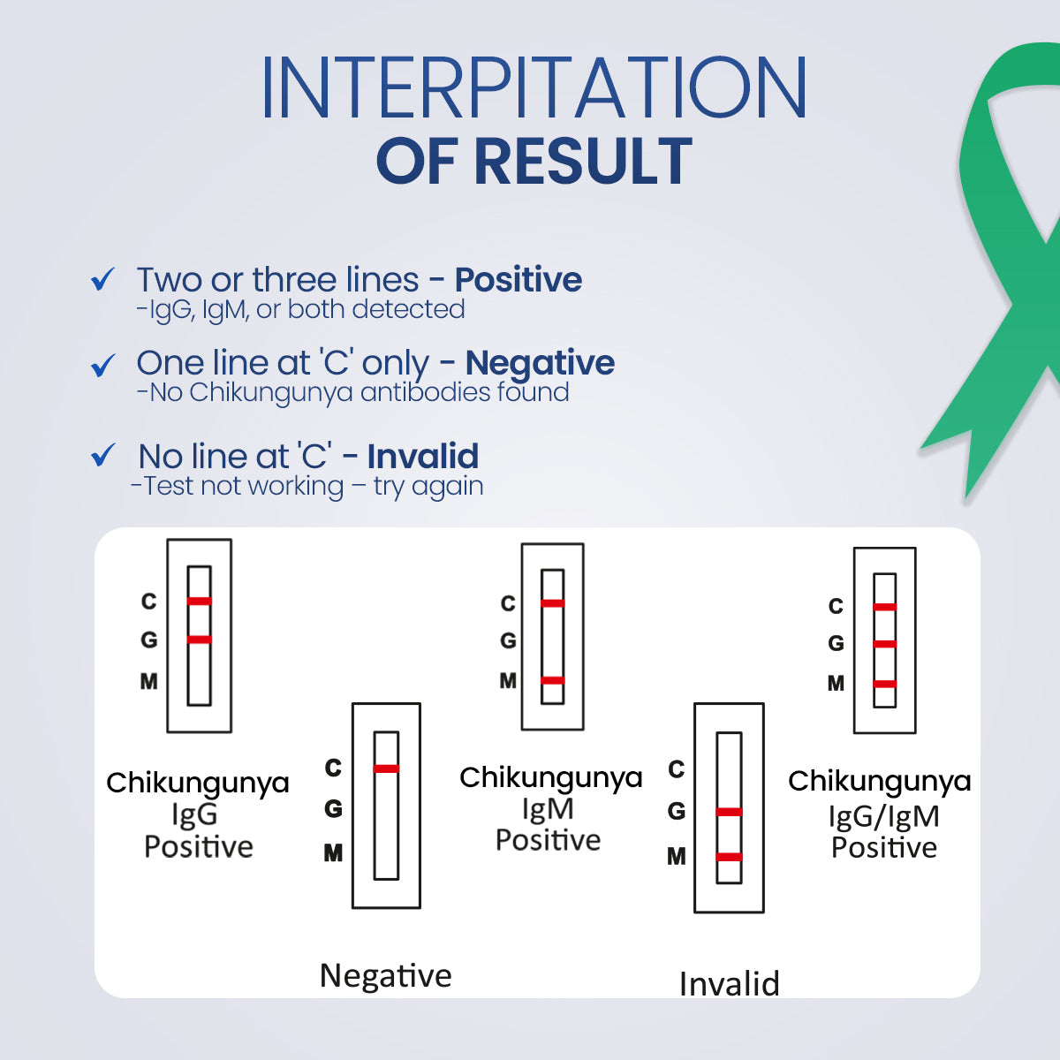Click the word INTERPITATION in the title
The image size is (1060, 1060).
(x=534, y=88)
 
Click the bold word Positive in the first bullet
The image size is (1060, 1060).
(x=519, y=280)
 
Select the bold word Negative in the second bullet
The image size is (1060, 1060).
(x=540, y=363)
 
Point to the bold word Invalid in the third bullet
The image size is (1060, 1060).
(x=423, y=457)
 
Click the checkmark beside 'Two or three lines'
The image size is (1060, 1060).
(x=103, y=280)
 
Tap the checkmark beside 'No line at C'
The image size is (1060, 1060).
(x=103, y=456)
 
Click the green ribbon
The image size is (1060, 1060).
(x=1007, y=265)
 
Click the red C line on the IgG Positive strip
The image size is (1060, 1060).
(x=200, y=601)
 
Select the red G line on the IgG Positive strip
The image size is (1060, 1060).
(x=200, y=639)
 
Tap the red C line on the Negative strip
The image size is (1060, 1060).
(x=386, y=768)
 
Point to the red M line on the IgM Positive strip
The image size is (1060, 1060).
(x=553, y=680)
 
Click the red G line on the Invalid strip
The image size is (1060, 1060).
(x=729, y=812)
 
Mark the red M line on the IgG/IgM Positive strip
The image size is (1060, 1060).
(x=885, y=684)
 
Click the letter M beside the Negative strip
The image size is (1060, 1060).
(x=333, y=853)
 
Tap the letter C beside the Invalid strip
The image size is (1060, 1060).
(x=677, y=769)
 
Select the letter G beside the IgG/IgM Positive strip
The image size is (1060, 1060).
(x=836, y=644)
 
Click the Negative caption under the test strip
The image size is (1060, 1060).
(x=386, y=976)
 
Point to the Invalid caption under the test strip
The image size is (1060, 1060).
(x=730, y=984)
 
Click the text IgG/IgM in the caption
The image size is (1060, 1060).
(x=883, y=816)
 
